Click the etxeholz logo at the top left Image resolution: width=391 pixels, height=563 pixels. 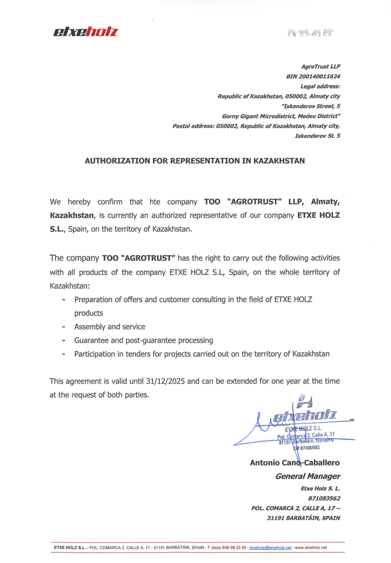click(x=86, y=32)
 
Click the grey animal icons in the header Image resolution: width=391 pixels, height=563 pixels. click(x=310, y=33)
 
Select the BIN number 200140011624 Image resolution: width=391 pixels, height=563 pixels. click(x=319, y=76)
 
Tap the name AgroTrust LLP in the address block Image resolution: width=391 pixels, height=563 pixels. click(x=320, y=67)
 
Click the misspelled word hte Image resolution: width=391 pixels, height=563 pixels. click(x=155, y=202)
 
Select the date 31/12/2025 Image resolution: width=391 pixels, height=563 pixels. click(x=165, y=381)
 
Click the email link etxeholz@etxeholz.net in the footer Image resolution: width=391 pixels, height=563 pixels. click(x=270, y=548)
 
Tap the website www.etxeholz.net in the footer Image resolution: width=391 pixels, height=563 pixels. click(x=310, y=548)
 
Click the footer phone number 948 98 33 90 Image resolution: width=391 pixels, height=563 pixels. click(x=234, y=548)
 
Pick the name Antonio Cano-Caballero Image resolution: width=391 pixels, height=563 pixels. click(x=294, y=463)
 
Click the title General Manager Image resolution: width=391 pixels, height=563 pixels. click(x=308, y=476)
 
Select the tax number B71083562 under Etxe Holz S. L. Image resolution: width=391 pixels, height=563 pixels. click(x=324, y=499)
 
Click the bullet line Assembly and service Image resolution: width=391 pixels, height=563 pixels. click(x=110, y=327)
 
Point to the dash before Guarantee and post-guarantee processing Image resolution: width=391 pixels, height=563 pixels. click(x=64, y=341)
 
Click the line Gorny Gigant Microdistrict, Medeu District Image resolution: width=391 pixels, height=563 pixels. click(x=281, y=116)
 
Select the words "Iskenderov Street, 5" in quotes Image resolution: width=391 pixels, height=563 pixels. click(x=311, y=106)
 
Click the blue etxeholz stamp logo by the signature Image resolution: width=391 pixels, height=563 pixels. click(x=304, y=415)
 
